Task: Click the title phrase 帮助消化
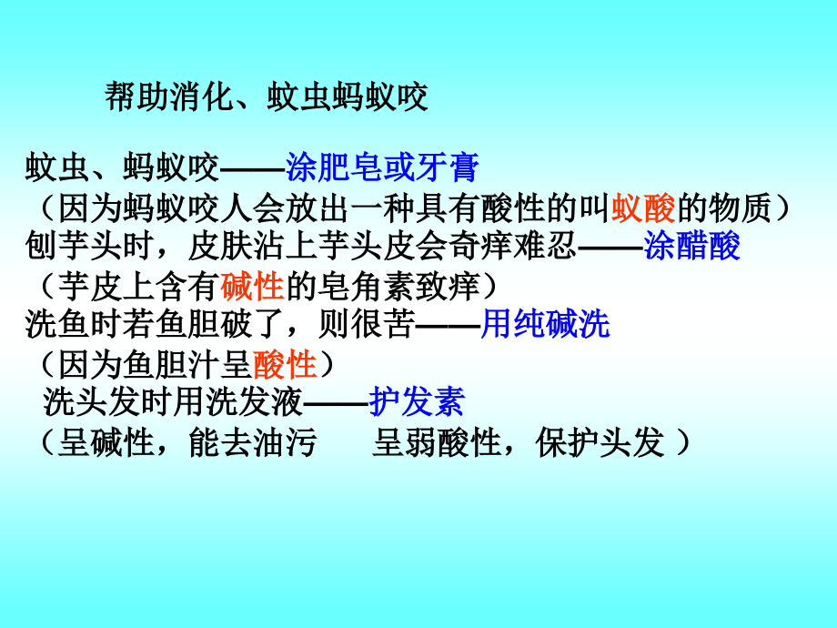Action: [169, 96]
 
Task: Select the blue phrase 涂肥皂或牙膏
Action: [382, 167]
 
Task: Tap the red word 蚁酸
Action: [643, 208]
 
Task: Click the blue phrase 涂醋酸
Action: [691, 246]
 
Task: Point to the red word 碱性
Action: [252, 286]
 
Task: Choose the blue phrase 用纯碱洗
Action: [545, 324]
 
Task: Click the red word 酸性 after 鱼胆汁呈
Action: [285, 364]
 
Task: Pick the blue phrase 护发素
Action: [417, 401]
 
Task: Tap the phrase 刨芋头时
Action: [90, 246]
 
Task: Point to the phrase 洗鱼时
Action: [74, 324]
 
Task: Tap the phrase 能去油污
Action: [253, 442]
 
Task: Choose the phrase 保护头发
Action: [600, 442]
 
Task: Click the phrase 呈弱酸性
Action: [437, 442]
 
